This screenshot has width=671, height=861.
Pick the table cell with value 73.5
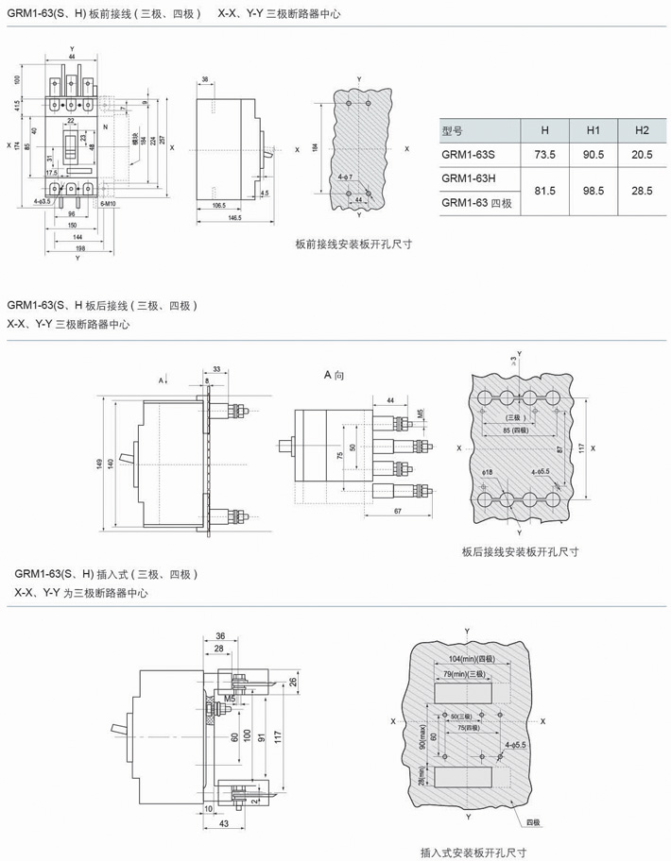tap(544, 154)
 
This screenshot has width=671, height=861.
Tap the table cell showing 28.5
tap(643, 191)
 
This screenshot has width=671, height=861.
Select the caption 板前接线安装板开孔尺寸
tap(353, 244)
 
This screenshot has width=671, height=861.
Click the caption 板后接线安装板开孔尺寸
tap(520, 552)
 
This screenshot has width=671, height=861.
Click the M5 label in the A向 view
tap(420, 412)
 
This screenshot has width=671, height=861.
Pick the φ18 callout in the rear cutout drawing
tap(488, 471)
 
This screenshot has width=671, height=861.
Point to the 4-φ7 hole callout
tap(344, 177)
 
